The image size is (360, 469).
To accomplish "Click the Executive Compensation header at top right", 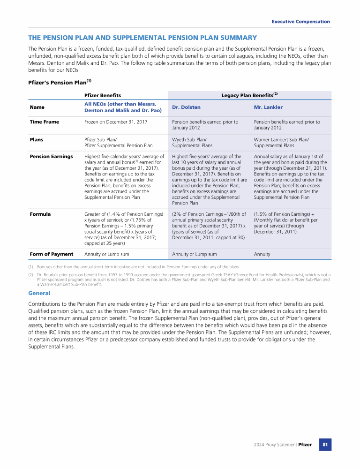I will pos(300,22).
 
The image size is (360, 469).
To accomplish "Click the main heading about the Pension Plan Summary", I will pos(142,38).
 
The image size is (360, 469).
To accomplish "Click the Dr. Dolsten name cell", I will pos(186,107).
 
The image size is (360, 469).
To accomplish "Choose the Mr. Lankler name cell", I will pos(268,107).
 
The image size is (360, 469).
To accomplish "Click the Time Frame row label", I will pos(45,122).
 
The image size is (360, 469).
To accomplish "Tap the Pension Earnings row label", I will pos(51,156).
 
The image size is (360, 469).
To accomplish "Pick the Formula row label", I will pos(40,214).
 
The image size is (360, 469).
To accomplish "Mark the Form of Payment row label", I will pos(52,254).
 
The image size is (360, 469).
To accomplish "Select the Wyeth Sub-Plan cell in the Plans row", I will pos(193,142).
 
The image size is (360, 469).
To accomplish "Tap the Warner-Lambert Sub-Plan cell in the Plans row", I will pos(281,142).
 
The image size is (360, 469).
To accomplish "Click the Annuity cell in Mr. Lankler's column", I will pos(262,254).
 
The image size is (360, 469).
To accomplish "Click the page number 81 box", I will pos(325,444).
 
